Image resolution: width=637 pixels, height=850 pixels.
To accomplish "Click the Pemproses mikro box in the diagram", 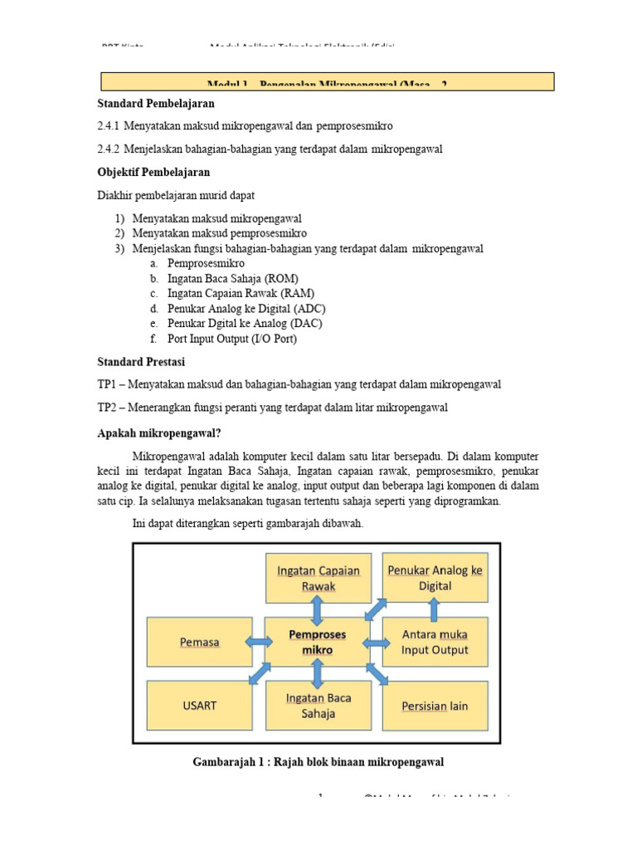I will pyautogui.click(x=317, y=642).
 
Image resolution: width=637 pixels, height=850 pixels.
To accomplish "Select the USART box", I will pyautogui.click(x=199, y=706).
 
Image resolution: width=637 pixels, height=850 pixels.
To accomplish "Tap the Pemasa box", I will pyautogui.click(x=199, y=642).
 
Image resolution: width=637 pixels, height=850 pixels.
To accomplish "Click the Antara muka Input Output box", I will pyautogui.click(x=435, y=642).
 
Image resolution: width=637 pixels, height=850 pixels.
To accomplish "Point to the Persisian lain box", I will pyautogui.click(x=435, y=706).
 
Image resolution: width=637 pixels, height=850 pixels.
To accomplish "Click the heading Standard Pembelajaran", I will pyautogui.click(x=156, y=104).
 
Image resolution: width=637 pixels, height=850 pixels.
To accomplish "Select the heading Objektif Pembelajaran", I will pyautogui.click(x=153, y=172).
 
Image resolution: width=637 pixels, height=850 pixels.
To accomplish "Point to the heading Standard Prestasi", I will pyautogui.click(x=141, y=362).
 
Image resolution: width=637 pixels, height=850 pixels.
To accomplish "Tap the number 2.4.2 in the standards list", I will pyautogui.click(x=109, y=149).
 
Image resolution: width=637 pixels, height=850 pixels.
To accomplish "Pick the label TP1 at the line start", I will pyautogui.click(x=108, y=384).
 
